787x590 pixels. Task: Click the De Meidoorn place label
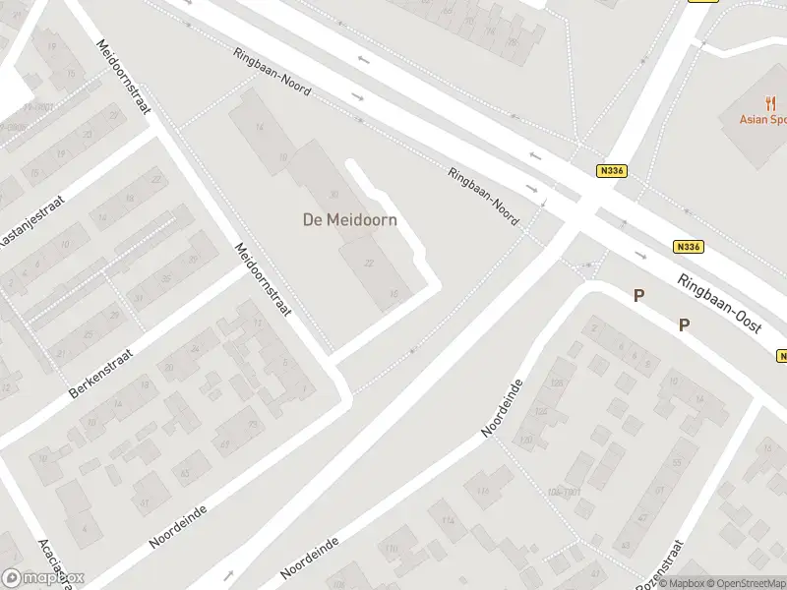349,220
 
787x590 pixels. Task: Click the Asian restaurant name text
763,120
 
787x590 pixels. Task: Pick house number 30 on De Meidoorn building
333,195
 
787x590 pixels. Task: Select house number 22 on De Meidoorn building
370,263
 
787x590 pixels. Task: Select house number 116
482,492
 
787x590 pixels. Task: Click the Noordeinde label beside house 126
504,408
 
